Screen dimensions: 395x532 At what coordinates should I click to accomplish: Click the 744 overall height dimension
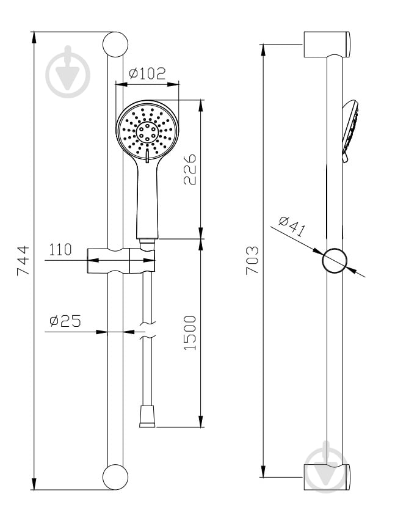[23, 261]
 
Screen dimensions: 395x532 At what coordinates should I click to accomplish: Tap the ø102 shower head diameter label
[148, 73]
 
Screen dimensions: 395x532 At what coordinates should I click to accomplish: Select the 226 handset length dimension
[190, 169]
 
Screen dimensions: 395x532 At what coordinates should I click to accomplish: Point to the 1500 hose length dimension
[190, 333]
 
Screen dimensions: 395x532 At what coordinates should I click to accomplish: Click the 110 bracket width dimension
[60, 250]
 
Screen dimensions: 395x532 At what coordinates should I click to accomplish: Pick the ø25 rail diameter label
[65, 321]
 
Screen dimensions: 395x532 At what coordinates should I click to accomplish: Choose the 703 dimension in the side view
[252, 260]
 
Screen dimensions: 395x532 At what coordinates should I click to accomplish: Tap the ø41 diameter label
[292, 227]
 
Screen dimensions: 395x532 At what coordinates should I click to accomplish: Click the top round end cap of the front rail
[115, 45]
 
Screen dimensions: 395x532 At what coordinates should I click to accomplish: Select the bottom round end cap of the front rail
[115, 477]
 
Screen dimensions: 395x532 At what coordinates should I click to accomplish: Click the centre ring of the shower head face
[147, 132]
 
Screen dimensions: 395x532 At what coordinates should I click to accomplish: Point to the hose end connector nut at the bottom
[147, 416]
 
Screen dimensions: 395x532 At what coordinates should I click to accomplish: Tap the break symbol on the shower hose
[147, 330]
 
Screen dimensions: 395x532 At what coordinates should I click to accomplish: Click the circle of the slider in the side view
[335, 261]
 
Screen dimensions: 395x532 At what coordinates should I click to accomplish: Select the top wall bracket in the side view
[327, 45]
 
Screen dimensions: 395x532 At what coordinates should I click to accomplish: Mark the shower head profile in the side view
[350, 131]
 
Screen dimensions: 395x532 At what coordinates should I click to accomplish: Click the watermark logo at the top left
[68, 72]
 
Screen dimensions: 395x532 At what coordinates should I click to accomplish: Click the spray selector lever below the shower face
[147, 156]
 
